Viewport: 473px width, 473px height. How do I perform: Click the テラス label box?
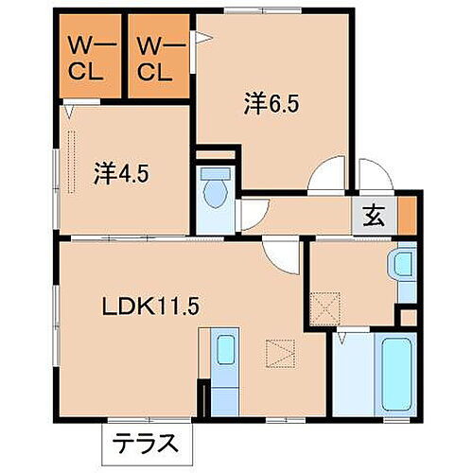pos(146,442)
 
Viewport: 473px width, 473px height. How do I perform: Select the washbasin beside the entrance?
pos(404,266)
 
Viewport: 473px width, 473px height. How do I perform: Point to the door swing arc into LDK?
pos(281,252)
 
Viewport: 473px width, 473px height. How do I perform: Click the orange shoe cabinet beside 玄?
pos(407,215)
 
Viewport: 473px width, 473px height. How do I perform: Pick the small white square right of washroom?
pos(408,316)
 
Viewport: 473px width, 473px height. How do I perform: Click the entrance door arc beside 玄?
pos(373,176)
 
